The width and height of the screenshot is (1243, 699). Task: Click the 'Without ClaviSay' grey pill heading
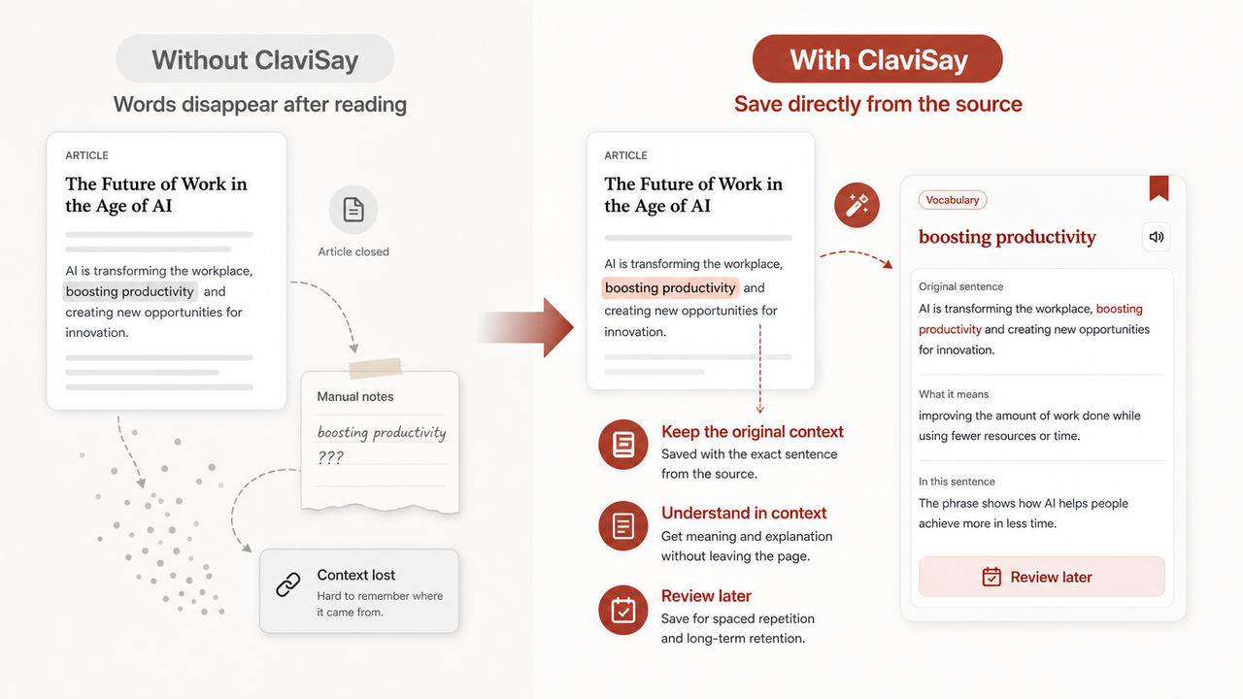point(255,59)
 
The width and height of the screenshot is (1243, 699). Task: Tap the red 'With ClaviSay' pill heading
point(878,59)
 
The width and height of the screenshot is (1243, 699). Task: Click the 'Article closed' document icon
point(353,210)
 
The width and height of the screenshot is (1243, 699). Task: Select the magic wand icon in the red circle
point(857,205)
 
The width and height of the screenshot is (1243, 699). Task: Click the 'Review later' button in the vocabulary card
point(1042,577)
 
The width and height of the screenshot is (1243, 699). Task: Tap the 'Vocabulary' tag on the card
point(953,200)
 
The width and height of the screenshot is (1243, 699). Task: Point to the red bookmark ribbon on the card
point(1159,188)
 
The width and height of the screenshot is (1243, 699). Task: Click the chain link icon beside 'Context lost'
point(288,584)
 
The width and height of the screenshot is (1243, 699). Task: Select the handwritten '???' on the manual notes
point(331,457)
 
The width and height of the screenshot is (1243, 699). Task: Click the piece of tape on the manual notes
point(375,368)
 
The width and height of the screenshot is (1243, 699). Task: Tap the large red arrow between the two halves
point(526,327)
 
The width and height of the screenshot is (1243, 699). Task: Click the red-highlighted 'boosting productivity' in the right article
point(670,288)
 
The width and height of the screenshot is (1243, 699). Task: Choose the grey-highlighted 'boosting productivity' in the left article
point(130,291)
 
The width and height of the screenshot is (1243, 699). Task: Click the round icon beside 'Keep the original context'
point(623,445)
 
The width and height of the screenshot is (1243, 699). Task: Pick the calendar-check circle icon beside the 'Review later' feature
point(623,611)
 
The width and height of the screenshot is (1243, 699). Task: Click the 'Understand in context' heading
point(744,514)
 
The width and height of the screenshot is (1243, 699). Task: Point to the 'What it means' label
point(954,394)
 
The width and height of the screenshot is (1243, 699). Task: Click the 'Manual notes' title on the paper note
point(355,397)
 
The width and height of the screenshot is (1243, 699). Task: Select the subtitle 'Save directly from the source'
point(878,104)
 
